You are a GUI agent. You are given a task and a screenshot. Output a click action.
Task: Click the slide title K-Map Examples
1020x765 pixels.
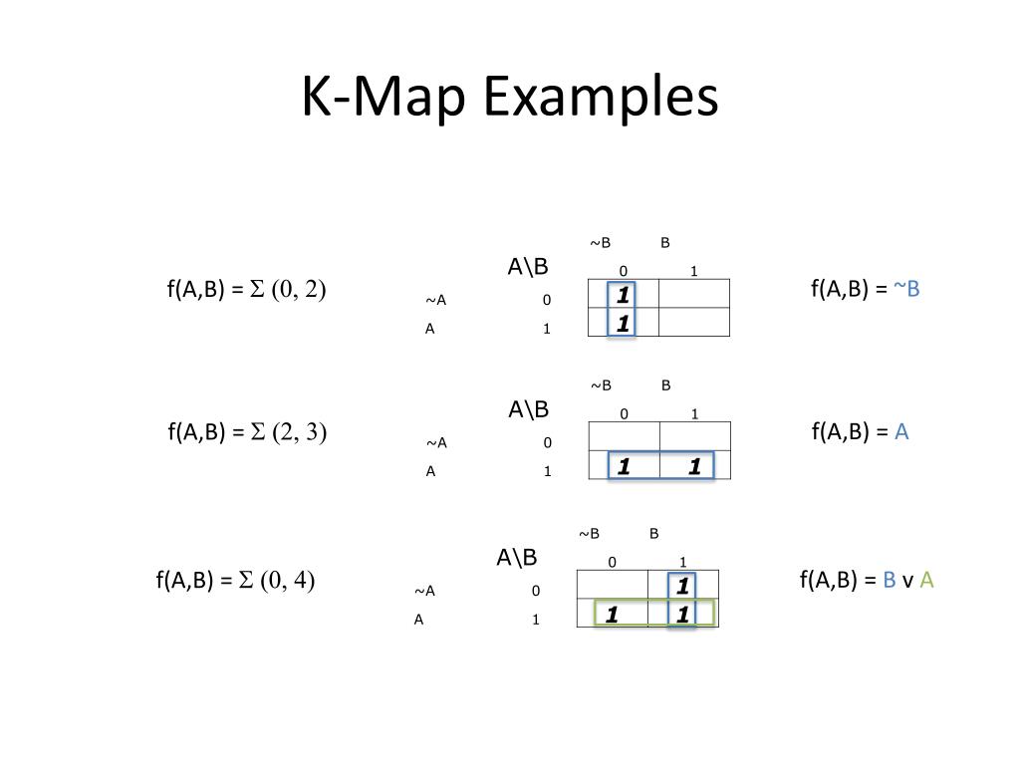[x=510, y=98]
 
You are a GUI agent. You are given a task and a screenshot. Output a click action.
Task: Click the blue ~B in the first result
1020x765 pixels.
[x=906, y=289]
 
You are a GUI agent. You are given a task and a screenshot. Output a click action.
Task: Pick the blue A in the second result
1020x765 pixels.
[x=901, y=431]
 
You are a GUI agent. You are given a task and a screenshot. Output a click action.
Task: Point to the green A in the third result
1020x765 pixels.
[x=926, y=580]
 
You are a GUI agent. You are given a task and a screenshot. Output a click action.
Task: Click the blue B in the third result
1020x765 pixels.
[x=890, y=580]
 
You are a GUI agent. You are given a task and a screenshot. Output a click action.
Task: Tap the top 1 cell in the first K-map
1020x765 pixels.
[x=624, y=295]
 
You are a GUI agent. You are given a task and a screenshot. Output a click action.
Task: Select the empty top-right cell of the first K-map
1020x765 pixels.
[x=694, y=294]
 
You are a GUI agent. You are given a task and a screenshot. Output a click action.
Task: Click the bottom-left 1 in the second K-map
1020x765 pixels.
[x=624, y=466]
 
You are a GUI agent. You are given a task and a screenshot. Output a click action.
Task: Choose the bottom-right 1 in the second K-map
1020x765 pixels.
[x=694, y=466]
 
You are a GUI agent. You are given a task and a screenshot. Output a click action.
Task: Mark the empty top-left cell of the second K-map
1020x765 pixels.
[x=625, y=437]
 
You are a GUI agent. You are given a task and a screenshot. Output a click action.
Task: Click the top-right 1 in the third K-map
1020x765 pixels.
[x=682, y=586]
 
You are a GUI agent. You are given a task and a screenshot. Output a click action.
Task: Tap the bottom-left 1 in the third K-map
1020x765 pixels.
[x=612, y=615]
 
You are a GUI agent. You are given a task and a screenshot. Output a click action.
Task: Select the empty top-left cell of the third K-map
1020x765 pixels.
[x=613, y=585]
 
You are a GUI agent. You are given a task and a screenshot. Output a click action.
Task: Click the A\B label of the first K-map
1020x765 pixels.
[x=528, y=266]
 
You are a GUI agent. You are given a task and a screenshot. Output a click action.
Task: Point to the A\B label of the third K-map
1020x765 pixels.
[x=517, y=557]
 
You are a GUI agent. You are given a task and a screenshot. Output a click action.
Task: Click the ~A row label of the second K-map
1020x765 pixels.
[x=437, y=443]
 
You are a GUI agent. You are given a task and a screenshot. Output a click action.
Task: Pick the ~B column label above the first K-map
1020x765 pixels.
[x=600, y=243]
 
